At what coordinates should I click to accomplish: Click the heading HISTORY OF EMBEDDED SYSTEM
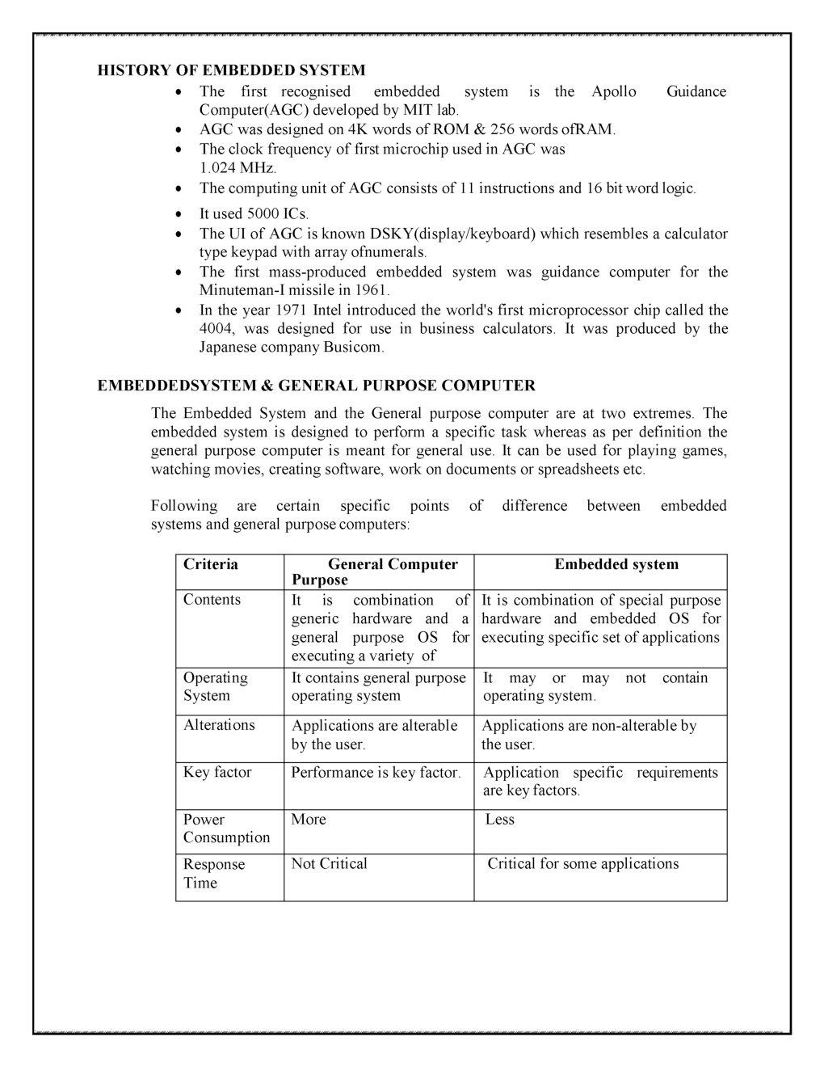pyautogui.click(x=231, y=70)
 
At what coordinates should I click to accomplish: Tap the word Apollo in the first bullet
pyautogui.click(x=613, y=91)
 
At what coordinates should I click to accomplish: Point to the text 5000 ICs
pyautogui.click(x=278, y=214)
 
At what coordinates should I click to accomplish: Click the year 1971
pyautogui.click(x=289, y=310)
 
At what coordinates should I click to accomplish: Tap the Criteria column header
pyautogui.click(x=211, y=564)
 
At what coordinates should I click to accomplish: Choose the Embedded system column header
pyautogui.click(x=616, y=564)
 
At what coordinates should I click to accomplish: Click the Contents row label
pyautogui.click(x=212, y=600)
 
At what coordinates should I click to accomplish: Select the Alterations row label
pyautogui.click(x=219, y=725)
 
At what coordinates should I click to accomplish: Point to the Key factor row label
pyautogui.click(x=217, y=773)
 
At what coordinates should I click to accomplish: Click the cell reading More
pyautogui.click(x=309, y=820)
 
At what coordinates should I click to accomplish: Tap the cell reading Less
pyautogui.click(x=499, y=820)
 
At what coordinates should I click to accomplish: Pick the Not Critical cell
pyautogui.click(x=329, y=864)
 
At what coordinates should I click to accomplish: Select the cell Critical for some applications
pyautogui.click(x=582, y=864)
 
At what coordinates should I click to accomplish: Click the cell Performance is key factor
pyautogui.click(x=376, y=773)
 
